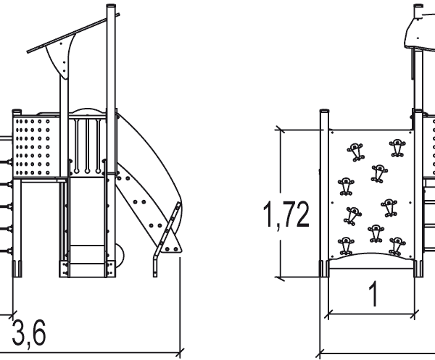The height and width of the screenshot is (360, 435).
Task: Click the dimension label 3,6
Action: tap(28, 332)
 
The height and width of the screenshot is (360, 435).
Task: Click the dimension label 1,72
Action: tap(286, 214)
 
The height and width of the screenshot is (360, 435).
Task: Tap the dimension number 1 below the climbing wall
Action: tap(374, 294)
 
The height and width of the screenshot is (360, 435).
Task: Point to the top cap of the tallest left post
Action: tap(111, 6)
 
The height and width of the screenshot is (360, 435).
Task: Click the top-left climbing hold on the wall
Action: tap(355, 151)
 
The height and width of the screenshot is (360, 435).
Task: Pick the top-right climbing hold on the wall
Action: tap(397, 148)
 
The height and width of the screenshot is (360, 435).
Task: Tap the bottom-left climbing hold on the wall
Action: tap(346, 246)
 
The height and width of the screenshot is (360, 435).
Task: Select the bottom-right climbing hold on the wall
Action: tap(397, 246)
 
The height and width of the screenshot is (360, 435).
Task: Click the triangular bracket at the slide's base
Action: tap(172, 244)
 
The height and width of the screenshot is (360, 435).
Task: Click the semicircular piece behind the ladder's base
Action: tap(120, 256)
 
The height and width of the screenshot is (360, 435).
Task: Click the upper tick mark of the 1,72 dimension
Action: tap(280, 130)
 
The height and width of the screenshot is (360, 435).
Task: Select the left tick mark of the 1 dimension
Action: tap(328, 314)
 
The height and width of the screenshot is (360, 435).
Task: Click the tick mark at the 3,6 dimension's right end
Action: tap(180, 353)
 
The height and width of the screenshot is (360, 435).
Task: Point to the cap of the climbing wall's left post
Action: tap(325, 111)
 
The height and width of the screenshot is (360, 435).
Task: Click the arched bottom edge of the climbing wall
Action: tap(372, 256)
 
